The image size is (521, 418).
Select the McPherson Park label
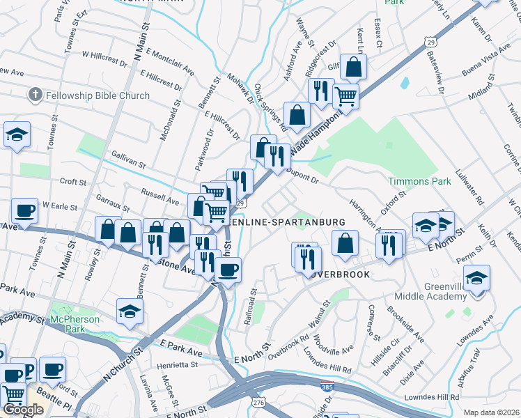(x=75, y=320)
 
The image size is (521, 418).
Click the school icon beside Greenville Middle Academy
(x=476, y=279)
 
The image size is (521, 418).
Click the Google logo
(x=22, y=410)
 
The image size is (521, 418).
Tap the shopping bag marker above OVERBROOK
(x=345, y=244)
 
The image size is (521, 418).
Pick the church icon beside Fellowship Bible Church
(x=36, y=95)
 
